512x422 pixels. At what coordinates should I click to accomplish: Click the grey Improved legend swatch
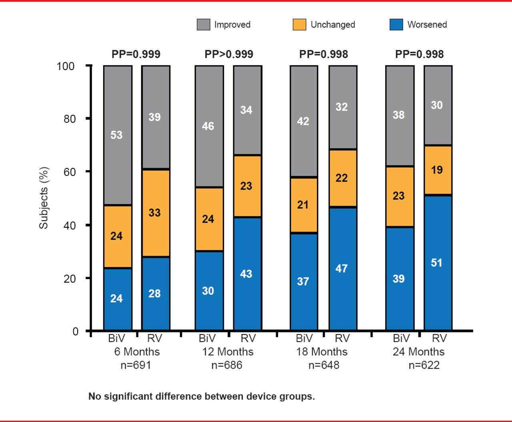(x=204, y=24)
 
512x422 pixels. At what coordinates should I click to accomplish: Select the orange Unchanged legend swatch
(x=300, y=24)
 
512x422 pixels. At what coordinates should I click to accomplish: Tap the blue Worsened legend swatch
(x=396, y=24)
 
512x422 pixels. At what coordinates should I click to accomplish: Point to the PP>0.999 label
(x=229, y=54)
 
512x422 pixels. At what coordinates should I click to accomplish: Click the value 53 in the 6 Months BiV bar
(x=116, y=135)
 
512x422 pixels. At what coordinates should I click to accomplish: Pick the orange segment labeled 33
(x=156, y=213)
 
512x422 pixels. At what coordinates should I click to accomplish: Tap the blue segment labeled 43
(x=247, y=274)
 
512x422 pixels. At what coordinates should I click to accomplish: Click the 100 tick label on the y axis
(x=66, y=66)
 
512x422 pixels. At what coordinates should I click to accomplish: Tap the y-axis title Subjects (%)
(x=44, y=198)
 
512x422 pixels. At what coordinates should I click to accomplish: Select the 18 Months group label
(x=322, y=352)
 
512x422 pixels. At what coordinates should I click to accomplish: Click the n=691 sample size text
(x=136, y=365)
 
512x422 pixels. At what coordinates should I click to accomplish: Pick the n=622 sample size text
(x=424, y=365)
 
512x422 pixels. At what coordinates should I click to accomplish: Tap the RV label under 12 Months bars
(x=248, y=339)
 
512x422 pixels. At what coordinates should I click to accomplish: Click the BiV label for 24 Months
(x=401, y=339)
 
